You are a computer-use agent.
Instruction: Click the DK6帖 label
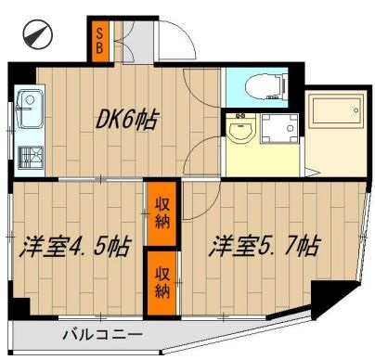(x=127, y=120)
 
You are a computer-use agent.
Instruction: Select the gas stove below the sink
(x=28, y=153)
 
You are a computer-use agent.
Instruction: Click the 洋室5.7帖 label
(x=265, y=247)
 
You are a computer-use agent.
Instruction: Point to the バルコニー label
(x=102, y=335)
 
